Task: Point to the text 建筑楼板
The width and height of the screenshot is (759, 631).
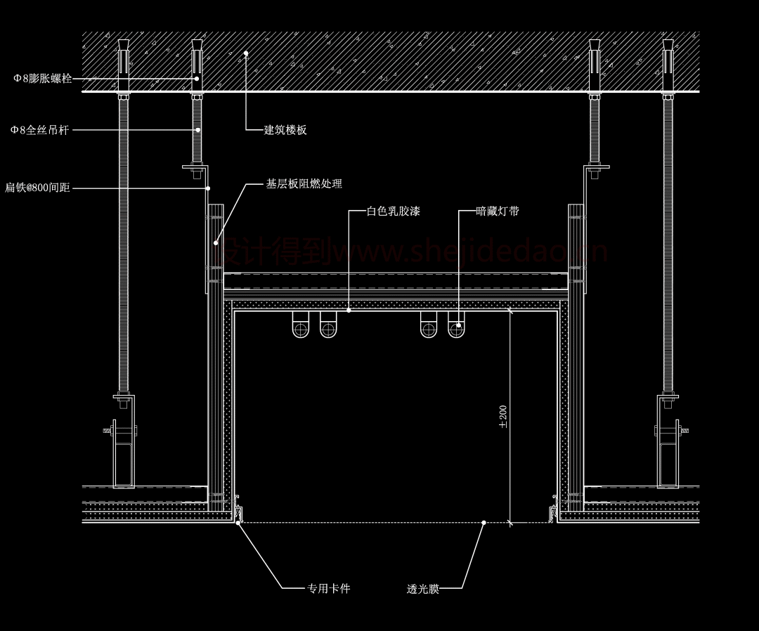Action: (x=285, y=130)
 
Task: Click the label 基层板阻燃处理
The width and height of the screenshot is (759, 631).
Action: (x=304, y=184)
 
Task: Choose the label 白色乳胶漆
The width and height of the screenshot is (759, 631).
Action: (x=394, y=211)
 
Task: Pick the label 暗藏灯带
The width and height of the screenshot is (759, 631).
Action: (x=498, y=211)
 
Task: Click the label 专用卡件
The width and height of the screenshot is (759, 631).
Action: (x=329, y=588)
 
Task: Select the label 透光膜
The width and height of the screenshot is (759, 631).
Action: (x=422, y=589)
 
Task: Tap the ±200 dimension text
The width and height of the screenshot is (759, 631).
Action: (x=503, y=416)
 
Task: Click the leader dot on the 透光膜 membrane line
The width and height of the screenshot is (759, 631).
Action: (x=484, y=522)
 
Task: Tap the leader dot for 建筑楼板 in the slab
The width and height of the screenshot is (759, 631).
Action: (x=246, y=53)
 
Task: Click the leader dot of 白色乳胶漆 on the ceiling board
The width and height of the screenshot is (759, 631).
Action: (x=349, y=310)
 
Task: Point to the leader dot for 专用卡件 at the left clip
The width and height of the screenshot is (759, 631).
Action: (x=239, y=522)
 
